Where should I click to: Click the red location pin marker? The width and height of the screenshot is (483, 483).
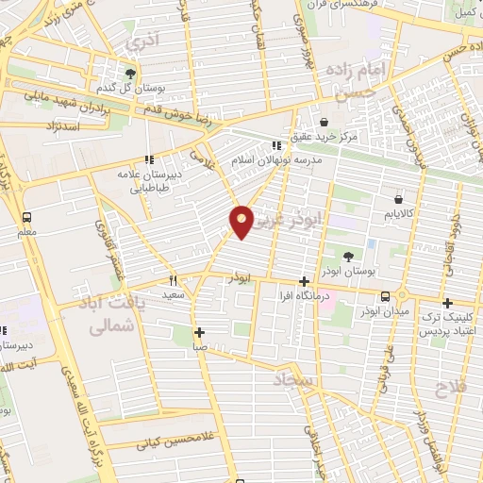click(x=242, y=222)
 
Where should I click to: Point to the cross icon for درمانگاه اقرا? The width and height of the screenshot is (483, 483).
click(x=304, y=281)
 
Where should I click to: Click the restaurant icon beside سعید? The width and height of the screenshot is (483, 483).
click(x=173, y=280)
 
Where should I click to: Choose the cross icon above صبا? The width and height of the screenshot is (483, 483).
click(x=199, y=332)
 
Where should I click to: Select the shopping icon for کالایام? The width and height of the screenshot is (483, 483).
click(x=398, y=200)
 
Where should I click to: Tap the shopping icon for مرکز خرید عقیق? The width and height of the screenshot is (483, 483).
click(x=324, y=122)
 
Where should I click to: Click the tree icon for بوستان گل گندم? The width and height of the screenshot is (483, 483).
click(x=131, y=74)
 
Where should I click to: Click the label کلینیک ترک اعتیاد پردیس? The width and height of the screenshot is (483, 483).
click(x=448, y=326)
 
